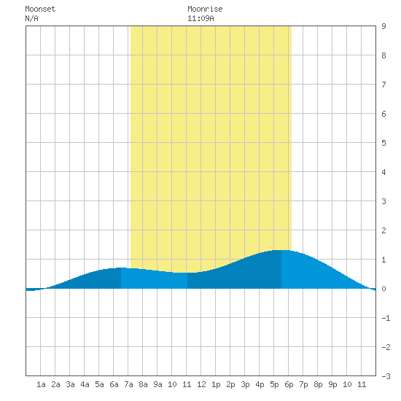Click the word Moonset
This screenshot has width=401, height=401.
pyautogui.click(x=40, y=9)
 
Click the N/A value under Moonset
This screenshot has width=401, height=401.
pyautogui.click(x=31, y=18)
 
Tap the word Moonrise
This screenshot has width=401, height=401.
pyautogui.click(x=205, y=9)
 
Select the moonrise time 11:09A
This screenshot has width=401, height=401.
pyautogui.click(x=200, y=18)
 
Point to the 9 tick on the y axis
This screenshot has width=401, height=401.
pyautogui.click(x=384, y=26)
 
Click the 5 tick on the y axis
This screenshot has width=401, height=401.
pyautogui.click(x=384, y=143)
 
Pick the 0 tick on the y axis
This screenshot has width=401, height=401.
pyautogui.click(x=384, y=289)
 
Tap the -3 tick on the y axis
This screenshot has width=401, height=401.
pyautogui.click(x=386, y=376)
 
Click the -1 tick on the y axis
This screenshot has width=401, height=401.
pyautogui.click(x=386, y=318)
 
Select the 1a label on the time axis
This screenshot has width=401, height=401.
pyautogui.click(x=41, y=384)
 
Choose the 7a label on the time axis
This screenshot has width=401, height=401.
pyautogui.click(x=128, y=384)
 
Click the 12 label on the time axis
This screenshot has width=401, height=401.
pyautogui.click(x=201, y=384)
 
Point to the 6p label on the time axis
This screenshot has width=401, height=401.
pyautogui.click(x=289, y=384)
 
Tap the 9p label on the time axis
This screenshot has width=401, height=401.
pyautogui.click(x=332, y=384)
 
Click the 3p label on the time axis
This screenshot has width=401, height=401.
pyautogui.click(x=245, y=384)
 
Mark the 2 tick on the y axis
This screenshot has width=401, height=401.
pyautogui.click(x=384, y=230)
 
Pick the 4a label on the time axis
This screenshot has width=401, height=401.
pyautogui.click(x=85, y=384)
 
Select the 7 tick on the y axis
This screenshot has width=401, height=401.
pyautogui.click(x=384, y=85)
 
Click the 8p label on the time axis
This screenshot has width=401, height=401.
pyautogui.click(x=318, y=384)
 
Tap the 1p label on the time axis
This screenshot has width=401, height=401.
pyautogui.click(x=216, y=384)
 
